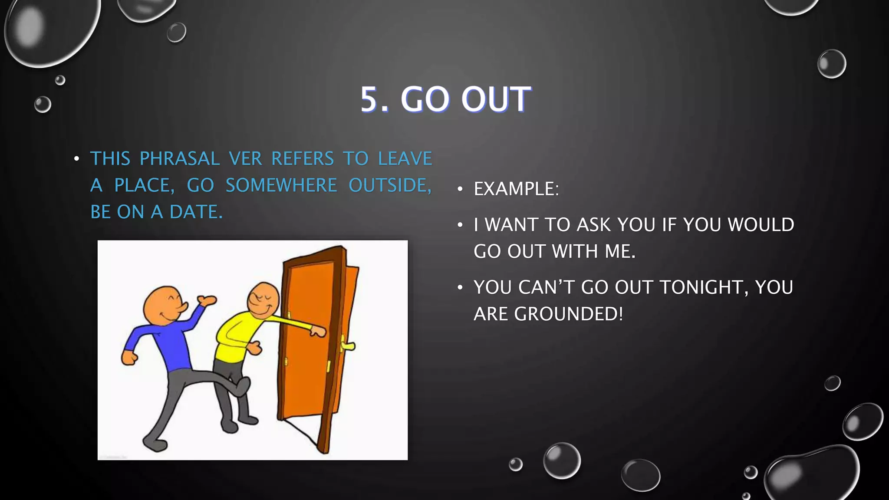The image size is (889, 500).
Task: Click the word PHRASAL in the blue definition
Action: click(179, 159)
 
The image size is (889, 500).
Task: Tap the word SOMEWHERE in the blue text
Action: click(281, 186)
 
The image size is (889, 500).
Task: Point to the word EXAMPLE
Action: click(516, 189)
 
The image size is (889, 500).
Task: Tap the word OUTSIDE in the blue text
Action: click(390, 186)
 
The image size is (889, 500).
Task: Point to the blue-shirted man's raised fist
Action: click(207, 300)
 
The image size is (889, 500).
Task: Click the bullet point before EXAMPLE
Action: click(460, 189)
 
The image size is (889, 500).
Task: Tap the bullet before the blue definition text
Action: click(76, 159)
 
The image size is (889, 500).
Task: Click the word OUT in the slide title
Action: click(495, 99)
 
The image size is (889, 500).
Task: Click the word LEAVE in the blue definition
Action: click(405, 159)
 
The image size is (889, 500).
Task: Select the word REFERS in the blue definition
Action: click(303, 159)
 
